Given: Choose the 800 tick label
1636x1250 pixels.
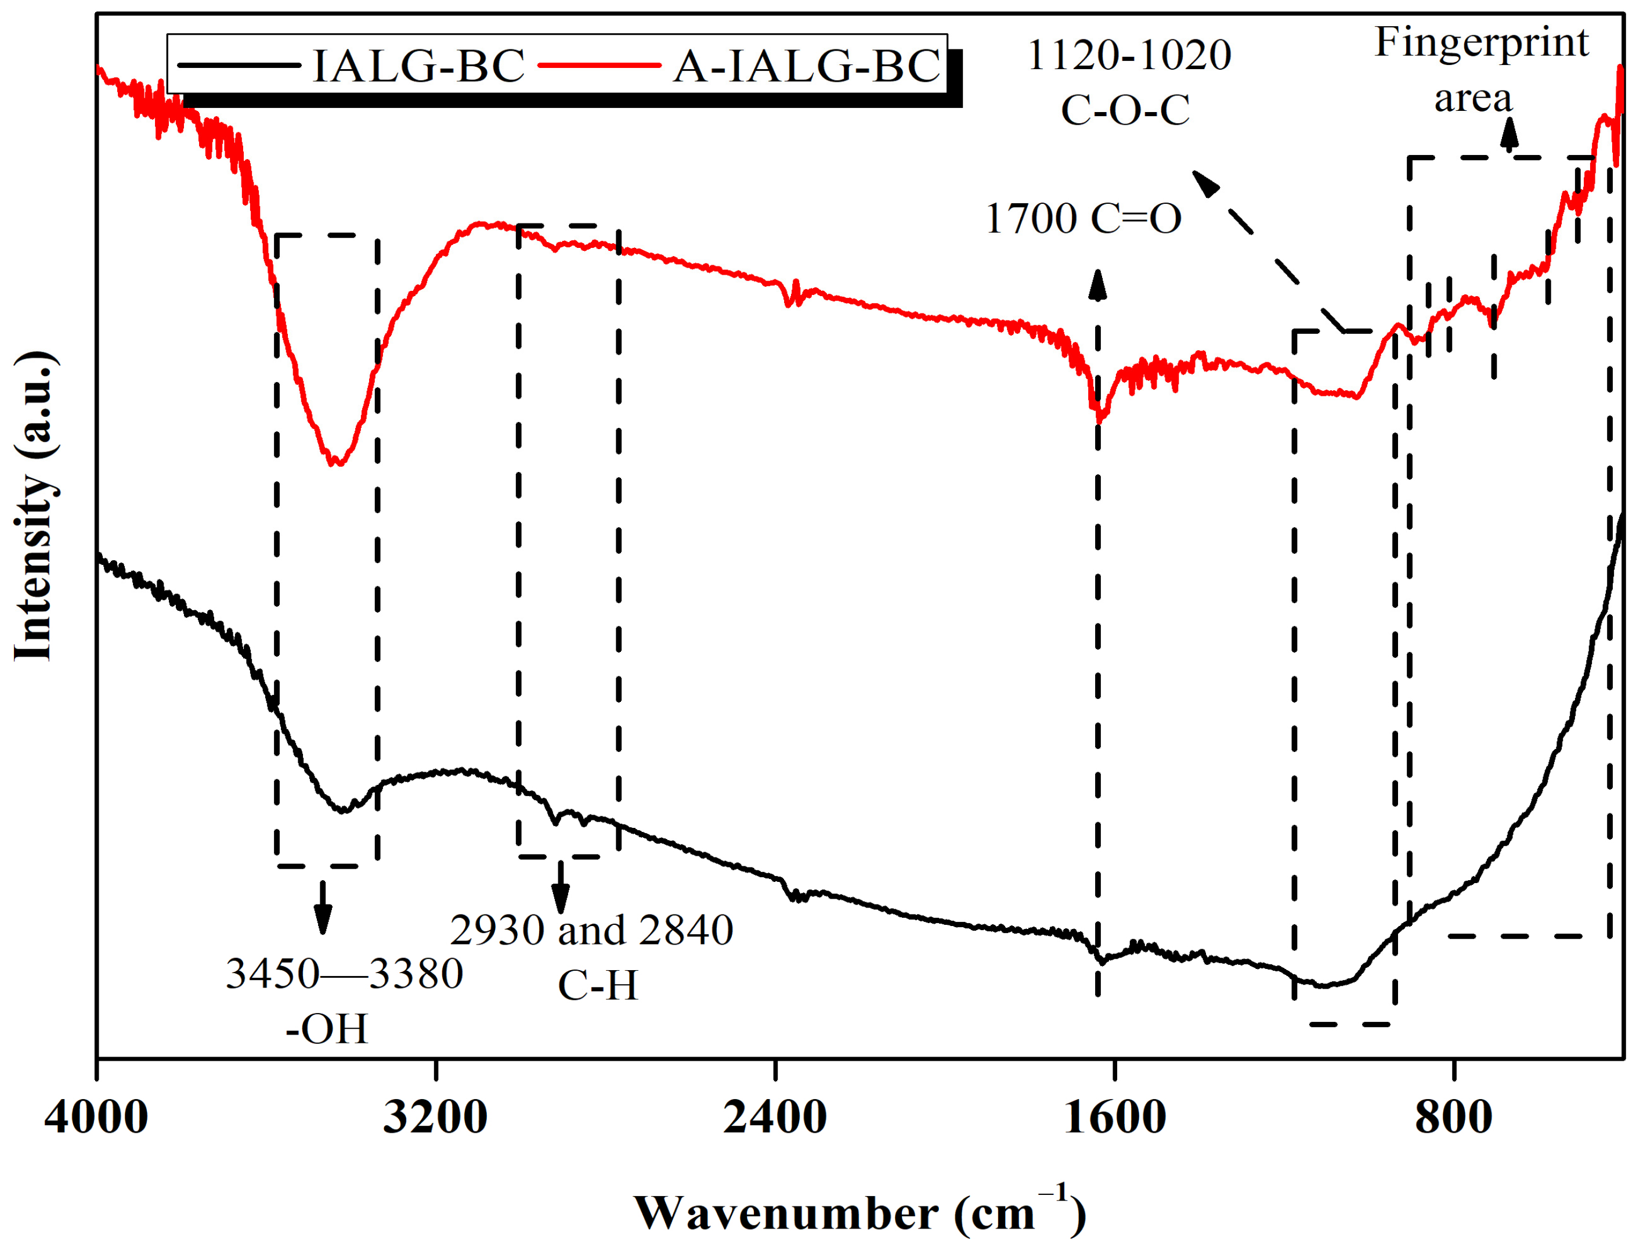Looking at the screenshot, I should click(1453, 1118).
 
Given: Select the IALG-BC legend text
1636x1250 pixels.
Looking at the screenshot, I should click(418, 66).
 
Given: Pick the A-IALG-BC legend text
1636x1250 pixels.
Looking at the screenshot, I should click(807, 66).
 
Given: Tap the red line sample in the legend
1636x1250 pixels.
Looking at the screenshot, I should click(598, 66).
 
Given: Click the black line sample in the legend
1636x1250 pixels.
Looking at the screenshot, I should click(240, 66).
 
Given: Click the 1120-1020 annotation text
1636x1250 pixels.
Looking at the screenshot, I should click(1128, 55).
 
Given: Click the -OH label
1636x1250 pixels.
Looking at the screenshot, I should click(327, 1029).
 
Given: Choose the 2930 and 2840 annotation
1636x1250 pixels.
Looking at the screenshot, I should click(591, 930).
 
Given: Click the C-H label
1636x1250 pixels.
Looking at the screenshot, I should click(598, 985).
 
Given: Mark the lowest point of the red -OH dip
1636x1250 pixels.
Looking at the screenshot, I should click(336, 463).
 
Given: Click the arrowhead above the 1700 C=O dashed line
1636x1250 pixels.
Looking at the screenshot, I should click(1097, 284).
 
